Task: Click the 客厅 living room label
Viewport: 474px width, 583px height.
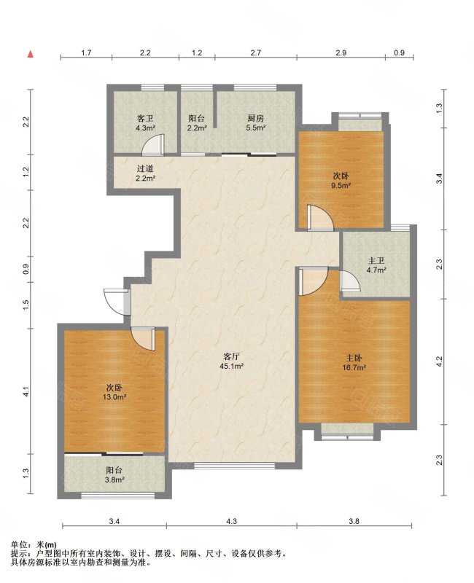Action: (x=230, y=356)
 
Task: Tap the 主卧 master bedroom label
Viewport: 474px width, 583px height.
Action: (x=354, y=358)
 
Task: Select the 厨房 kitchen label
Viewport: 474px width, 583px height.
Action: (x=256, y=118)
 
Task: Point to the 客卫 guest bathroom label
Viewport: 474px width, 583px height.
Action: (x=144, y=118)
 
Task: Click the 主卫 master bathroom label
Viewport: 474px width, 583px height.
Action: (x=376, y=261)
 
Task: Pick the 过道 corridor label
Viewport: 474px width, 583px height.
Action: (x=144, y=169)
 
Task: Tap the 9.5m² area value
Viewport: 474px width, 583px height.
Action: (x=341, y=185)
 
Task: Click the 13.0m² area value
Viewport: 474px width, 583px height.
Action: (x=114, y=396)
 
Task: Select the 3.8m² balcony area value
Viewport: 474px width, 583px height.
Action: (x=114, y=480)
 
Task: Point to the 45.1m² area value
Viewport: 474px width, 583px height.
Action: (x=231, y=367)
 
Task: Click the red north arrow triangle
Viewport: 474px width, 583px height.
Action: (x=31, y=54)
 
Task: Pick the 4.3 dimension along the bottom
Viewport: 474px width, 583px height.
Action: (x=231, y=521)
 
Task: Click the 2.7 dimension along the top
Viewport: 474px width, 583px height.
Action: (x=255, y=52)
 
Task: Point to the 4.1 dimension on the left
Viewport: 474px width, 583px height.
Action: (x=26, y=391)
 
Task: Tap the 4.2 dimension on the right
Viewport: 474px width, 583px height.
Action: (x=440, y=361)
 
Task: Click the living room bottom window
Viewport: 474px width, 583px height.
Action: (x=234, y=465)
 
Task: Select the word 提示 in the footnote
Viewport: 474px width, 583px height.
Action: (x=17, y=554)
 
